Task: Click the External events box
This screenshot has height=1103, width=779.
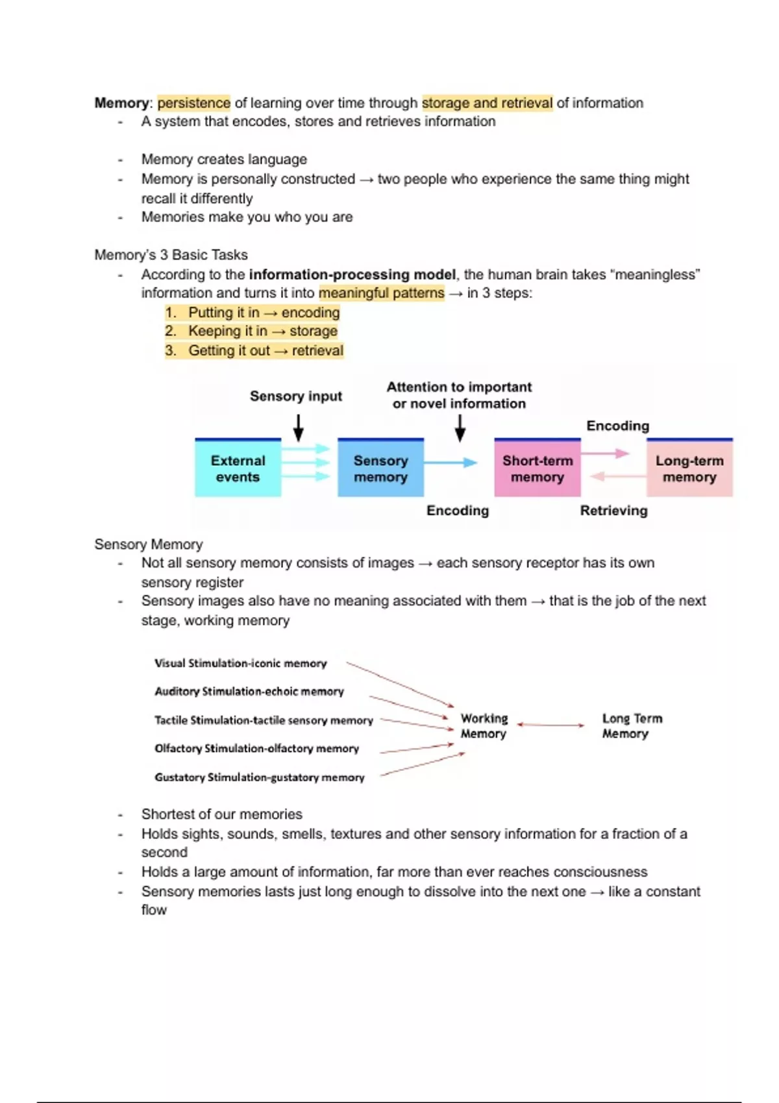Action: (238, 468)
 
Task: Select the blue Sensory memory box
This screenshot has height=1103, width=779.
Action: (380, 468)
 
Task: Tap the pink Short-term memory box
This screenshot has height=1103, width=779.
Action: (537, 468)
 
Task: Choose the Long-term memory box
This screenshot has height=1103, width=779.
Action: (689, 468)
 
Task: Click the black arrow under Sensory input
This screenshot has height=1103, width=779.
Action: (298, 428)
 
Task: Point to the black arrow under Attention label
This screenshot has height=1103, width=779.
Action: (460, 428)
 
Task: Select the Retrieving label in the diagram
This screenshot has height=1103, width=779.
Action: (613, 511)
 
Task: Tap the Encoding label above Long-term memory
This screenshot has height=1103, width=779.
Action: (617, 426)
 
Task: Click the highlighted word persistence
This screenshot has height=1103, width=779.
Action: (193, 103)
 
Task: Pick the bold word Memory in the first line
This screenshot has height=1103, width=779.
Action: (121, 103)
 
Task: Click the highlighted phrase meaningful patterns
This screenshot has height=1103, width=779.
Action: (382, 293)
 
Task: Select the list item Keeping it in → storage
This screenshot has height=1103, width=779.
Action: (262, 332)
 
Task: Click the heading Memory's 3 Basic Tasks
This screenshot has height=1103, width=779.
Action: (171, 255)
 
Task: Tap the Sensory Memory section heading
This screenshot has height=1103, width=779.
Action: (148, 544)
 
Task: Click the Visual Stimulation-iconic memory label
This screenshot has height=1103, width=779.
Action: (240, 663)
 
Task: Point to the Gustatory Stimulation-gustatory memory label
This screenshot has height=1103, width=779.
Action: (259, 777)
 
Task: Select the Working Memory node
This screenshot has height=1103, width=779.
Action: (484, 726)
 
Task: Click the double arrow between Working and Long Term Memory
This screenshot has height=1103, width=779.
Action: (550, 725)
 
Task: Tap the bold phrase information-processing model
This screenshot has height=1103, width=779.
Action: (352, 274)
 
